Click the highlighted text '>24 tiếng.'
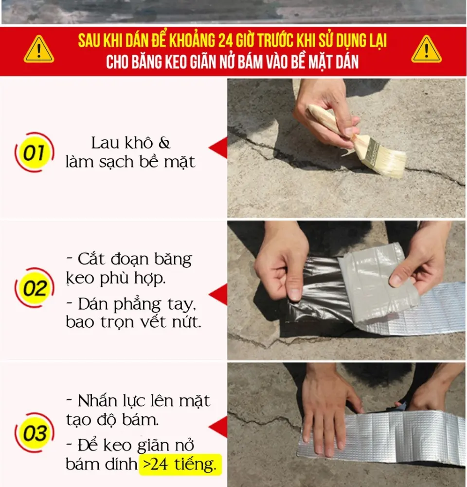tap(180, 465)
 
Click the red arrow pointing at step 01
tap(219, 148)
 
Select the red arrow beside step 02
tap(219, 294)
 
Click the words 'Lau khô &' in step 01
tap(131, 144)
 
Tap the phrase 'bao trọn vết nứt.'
tap(133, 322)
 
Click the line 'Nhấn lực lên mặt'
tap(138, 401)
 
